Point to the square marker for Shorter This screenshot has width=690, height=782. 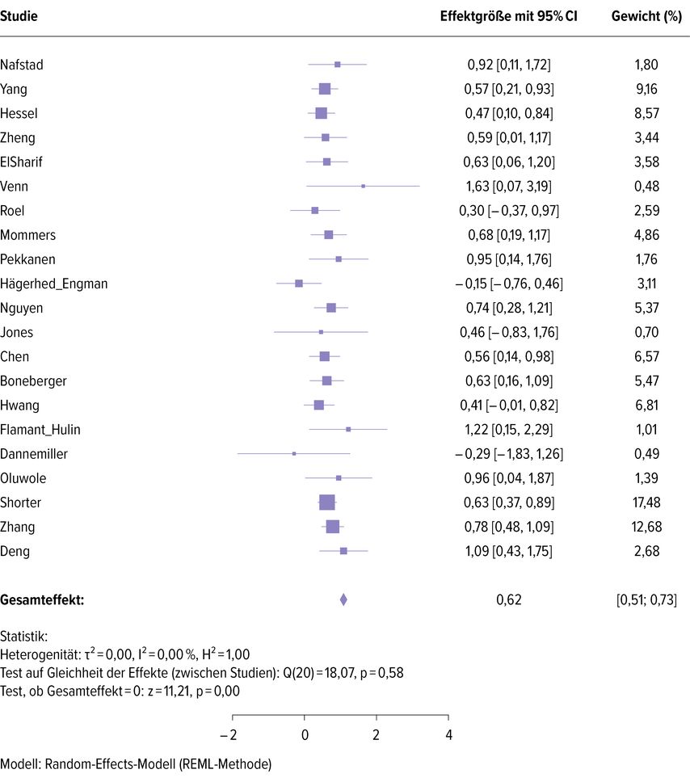point(327,502)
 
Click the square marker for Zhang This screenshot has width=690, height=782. point(333,527)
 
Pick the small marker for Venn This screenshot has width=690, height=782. point(363,186)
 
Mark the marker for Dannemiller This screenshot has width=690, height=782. point(294,454)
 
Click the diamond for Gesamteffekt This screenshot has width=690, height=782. point(343,599)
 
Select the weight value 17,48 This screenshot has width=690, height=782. point(646,502)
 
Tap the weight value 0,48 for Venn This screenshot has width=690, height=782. point(646,186)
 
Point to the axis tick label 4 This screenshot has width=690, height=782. point(448,734)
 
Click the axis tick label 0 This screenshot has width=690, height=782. point(305,734)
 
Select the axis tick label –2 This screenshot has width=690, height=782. point(229,734)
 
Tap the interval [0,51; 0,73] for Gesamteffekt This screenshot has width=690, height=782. point(646,599)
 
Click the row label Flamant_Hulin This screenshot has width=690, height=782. point(40,430)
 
